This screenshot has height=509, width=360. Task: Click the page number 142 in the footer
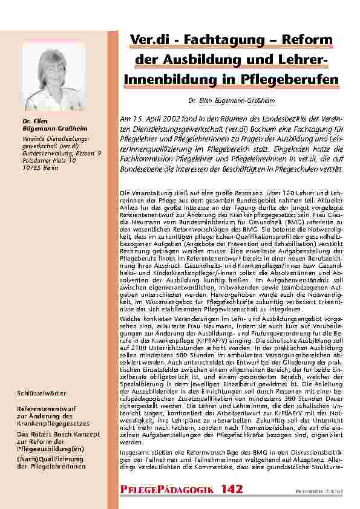pos(233,488)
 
